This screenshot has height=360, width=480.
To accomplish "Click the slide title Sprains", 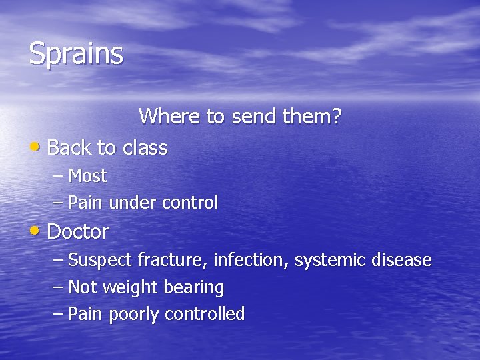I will click(x=76, y=54).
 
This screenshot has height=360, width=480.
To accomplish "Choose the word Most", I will click(x=87, y=176).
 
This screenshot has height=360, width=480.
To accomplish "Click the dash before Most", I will click(x=58, y=177).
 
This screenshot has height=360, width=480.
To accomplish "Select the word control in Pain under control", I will click(x=190, y=203).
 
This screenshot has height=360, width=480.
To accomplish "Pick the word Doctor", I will click(x=78, y=232).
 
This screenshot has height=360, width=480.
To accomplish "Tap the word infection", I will click(x=253, y=260).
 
